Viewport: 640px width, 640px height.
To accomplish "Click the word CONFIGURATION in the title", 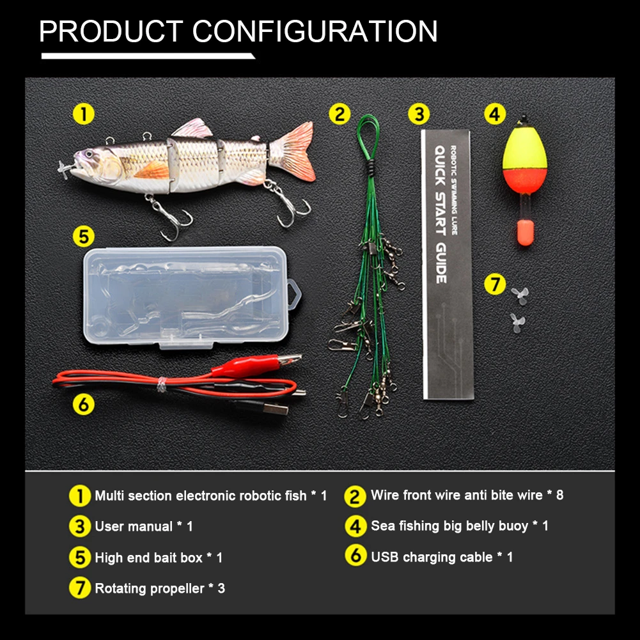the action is [x=315, y=31].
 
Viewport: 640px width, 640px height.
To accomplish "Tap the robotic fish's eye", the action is [x=89, y=155].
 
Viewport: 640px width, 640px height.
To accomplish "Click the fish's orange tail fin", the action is [x=295, y=150].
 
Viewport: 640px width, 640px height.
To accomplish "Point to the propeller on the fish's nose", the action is [x=65, y=169].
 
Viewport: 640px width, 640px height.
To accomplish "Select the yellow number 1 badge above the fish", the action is [x=84, y=114].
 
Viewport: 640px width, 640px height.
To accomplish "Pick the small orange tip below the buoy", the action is [x=524, y=233].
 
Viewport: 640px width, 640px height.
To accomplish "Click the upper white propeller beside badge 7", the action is [x=520, y=295].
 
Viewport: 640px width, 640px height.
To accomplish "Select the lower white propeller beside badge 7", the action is [x=517, y=323].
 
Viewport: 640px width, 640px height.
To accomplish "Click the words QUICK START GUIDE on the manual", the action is [x=440, y=214].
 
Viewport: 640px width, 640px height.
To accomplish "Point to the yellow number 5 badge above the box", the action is [x=84, y=237].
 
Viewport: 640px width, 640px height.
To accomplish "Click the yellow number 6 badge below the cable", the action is [x=84, y=405].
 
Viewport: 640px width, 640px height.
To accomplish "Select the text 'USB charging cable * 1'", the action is [x=442, y=557].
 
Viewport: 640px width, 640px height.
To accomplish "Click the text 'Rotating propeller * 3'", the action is [x=160, y=588].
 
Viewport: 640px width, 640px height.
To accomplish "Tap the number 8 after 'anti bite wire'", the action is [x=559, y=495].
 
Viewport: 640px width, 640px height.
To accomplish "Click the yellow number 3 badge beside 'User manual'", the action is [x=80, y=526].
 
